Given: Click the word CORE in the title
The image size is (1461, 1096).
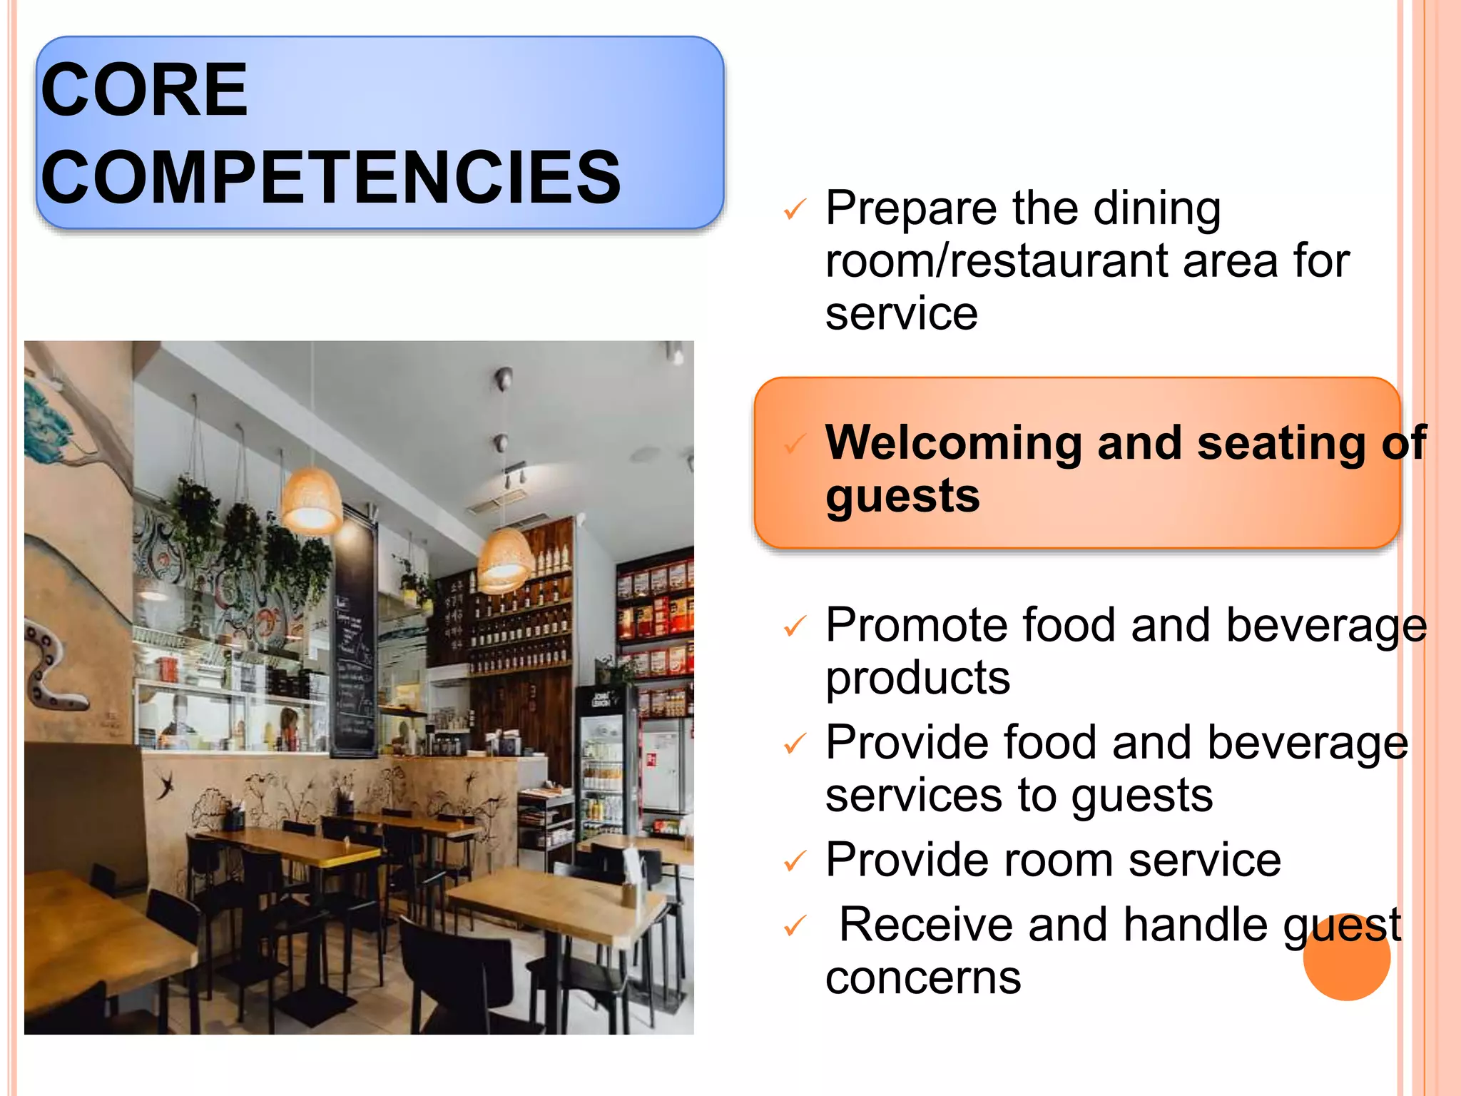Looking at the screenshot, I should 144,90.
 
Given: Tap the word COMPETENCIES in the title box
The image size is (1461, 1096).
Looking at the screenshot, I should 331,177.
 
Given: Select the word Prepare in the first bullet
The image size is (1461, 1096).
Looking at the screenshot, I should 911,209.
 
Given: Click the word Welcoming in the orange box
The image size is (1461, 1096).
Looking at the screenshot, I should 953,443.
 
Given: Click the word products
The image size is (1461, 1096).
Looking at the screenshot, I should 917,678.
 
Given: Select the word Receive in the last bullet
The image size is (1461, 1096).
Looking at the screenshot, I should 925,925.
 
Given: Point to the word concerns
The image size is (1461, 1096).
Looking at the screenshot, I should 923,978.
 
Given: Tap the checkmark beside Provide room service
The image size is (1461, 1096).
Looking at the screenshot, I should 794,862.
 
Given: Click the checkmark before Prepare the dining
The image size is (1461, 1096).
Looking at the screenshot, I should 794,210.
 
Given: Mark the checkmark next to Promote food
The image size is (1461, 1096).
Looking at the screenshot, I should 794,627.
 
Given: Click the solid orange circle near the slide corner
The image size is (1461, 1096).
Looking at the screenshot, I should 1346,958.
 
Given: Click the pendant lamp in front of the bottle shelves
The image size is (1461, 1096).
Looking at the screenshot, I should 505,560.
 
